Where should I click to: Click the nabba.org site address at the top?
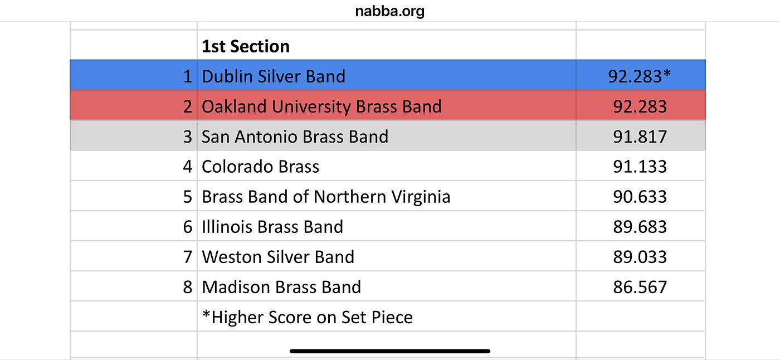click(x=389, y=12)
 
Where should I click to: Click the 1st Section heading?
click(x=246, y=46)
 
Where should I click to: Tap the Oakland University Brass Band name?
click(x=321, y=106)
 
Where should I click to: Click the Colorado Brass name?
click(x=260, y=167)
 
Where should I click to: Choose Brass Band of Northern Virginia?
click(x=326, y=197)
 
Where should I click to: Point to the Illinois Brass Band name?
click(x=272, y=227)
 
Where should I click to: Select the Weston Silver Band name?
click(x=278, y=257)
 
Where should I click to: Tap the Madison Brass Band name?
click(x=281, y=287)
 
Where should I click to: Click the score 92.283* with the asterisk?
click(x=640, y=76)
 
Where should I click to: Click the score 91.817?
click(x=640, y=137)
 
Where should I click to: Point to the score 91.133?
click(x=640, y=167)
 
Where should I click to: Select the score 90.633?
click(x=640, y=197)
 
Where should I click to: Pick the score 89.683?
click(x=640, y=227)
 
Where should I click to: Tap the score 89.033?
click(x=640, y=257)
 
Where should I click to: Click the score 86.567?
click(x=640, y=287)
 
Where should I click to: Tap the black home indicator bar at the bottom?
click(x=390, y=351)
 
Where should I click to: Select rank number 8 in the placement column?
click(x=188, y=287)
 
